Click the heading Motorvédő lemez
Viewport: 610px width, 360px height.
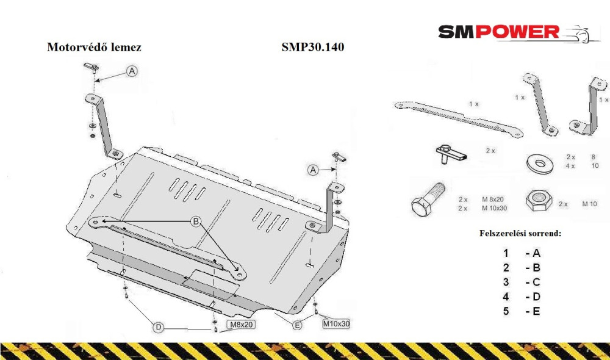94,47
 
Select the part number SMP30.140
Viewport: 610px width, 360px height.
313,47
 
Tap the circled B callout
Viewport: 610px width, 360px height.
196,221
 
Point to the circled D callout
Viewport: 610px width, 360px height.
159,327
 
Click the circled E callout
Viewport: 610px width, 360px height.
297,325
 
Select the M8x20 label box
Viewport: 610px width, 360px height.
241,325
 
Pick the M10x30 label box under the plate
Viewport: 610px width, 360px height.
336,323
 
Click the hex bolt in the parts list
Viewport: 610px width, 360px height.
428,200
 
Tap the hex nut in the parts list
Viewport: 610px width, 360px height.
539,201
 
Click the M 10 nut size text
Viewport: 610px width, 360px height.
589,204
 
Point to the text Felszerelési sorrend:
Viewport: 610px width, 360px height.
520,234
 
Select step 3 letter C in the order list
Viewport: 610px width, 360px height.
536,282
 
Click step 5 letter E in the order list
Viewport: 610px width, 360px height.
536,311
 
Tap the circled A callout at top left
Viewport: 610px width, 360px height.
132,71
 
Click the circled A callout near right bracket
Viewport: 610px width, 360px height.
313,170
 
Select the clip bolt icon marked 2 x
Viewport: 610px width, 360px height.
450,154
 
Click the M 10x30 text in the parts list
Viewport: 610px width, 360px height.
495,208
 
